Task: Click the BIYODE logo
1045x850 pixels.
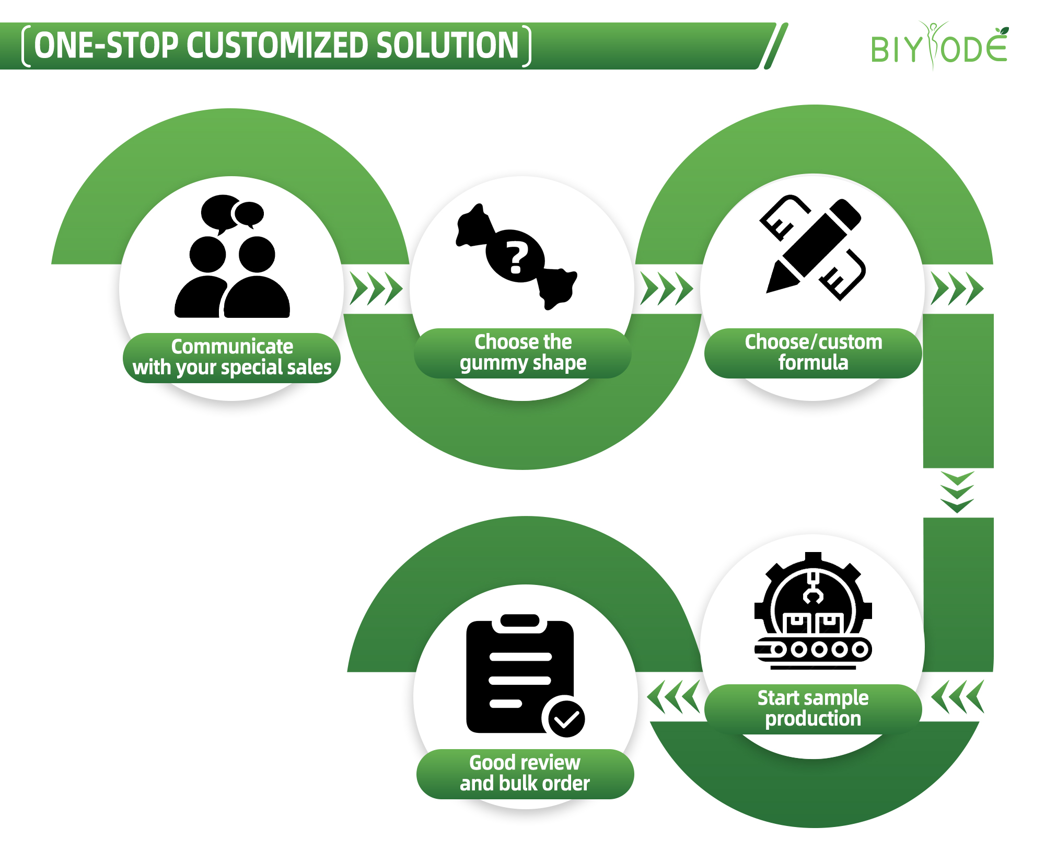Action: tap(939, 47)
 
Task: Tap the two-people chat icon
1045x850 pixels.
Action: tap(232, 256)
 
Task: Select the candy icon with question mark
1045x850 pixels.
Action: tap(517, 257)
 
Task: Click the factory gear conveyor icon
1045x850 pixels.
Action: tap(812, 611)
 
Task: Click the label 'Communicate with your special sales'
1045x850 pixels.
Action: tap(232, 357)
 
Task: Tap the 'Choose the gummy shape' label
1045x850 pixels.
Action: tap(522, 353)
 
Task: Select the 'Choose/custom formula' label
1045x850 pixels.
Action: tap(813, 353)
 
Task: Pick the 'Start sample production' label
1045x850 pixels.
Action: tap(813, 708)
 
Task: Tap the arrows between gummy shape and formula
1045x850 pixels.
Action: tap(667, 288)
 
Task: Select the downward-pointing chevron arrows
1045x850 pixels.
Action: tap(957, 492)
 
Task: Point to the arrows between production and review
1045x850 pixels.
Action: tap(673, 696)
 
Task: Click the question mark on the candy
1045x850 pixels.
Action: tap(516, 258)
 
